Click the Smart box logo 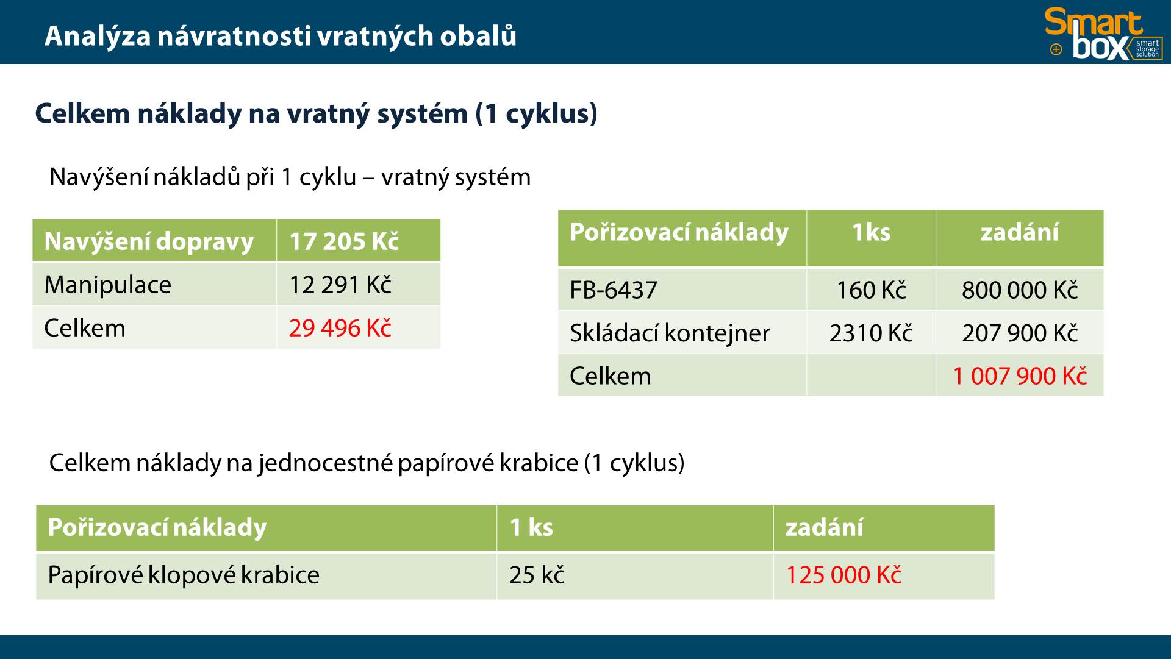[x=1104, y=34]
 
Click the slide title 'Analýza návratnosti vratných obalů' [x=281, y=36]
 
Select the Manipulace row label [x=108, y=285]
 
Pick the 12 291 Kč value [x=340, y=285]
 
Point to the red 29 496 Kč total [x=340, y=328]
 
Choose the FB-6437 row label [x=614, y=290]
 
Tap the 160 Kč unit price [x=871, y=290]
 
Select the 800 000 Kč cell [x=1020, y=290]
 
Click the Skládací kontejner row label [x=670, y=333]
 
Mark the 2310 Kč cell [x=871, y=333]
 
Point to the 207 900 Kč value [x=1020, y=333]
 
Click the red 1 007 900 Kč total [x=1020, y=376]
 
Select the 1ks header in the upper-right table [x=871, y=232]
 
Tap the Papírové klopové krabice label [x=184, y=575]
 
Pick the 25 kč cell [x=537, y=575]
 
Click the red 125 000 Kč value [x=843, y=575]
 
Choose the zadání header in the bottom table [x=825, y=527]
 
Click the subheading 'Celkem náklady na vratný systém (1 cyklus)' [x=316, y=114]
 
